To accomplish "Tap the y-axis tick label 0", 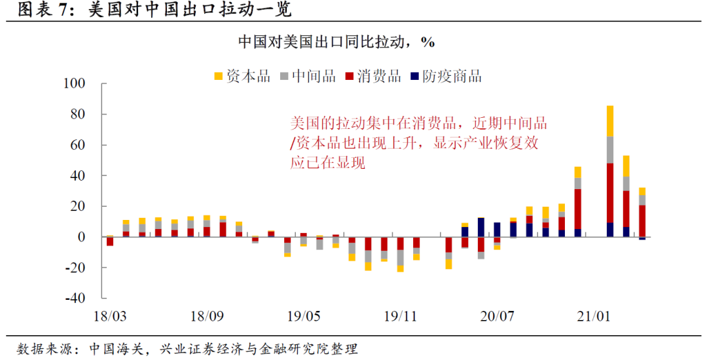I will [x=82, y=237].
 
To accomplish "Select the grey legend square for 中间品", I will [x=284, y=77].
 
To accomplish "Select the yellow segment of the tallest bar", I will [x=610, y=121].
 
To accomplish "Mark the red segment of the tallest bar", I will [x=610, y=192].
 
